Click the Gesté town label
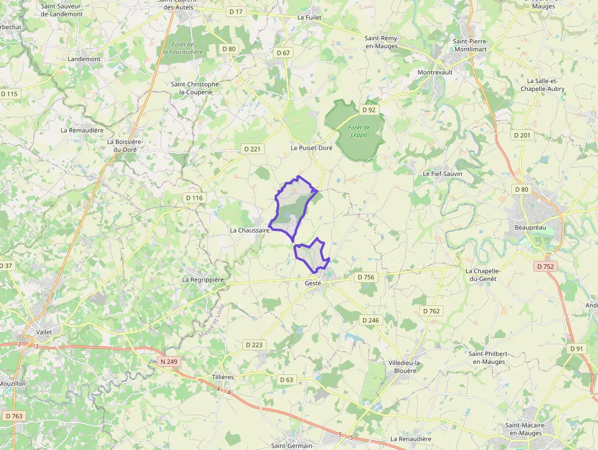click(x=312, y=283)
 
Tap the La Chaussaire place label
click(x=250, y=230)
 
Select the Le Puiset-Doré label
click(x=311, y=148)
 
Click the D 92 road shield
click(x=369, y=110)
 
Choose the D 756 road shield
click(x=366, y=277)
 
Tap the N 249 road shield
click(x=169, y=361)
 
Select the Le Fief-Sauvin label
click(x=443, y=173)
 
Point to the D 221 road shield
click(x=252, y=149)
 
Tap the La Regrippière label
click(x=203, y=280)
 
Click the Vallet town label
click(x=44, y=332)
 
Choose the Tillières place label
click(x=223, y=377)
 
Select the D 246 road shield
click(x=370, y=320)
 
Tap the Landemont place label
click(x=84, y=59)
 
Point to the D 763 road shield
click(x=13, y=416)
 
